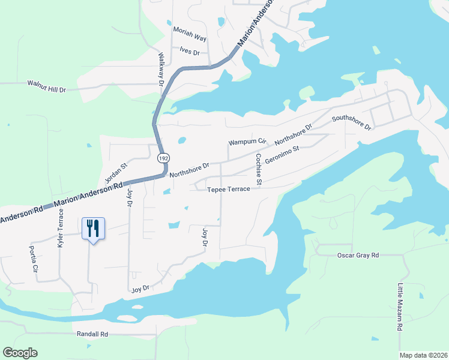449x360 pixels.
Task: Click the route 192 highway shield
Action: (x=163, y=158)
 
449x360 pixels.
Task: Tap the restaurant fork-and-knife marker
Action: (x=92, y=228)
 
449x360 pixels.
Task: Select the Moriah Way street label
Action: (x=190, y=37)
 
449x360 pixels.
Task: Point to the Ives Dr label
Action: (x=190, y=52)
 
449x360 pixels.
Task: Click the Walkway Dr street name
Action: (x=161, y=70)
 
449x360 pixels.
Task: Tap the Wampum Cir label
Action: (x=247, y=142)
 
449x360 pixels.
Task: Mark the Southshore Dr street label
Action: (x=352, y=122)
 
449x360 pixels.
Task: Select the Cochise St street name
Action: (x=259, y=169)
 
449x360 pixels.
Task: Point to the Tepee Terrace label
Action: (x=229, y=189)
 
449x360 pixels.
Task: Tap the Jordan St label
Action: (x=116, y=173)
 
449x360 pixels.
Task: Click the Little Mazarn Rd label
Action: (x=399, y=307)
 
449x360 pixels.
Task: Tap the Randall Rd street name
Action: (x=92, y=334)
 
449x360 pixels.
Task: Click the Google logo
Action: (x=20, y=353)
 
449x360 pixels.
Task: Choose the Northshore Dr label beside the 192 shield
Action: (x=189, y=170)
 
